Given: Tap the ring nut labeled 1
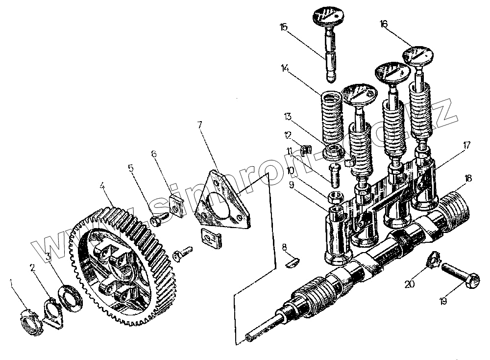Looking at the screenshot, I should (30, 323).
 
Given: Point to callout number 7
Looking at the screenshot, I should (200, 125).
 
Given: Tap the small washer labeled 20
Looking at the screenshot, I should (433, 259).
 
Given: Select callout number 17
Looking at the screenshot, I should (466, 145).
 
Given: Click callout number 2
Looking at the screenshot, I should (32, 268).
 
